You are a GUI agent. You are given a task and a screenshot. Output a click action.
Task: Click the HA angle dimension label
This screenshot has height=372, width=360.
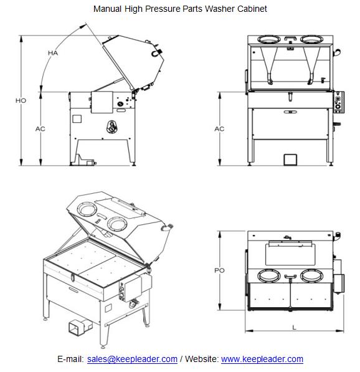tap(54, 54)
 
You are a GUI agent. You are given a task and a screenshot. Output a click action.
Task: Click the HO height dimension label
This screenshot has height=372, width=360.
tap(21, 100)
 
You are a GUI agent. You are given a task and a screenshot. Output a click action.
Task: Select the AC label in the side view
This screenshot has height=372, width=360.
tap(40, 128)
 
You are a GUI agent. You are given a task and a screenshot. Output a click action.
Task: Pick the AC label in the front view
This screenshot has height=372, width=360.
tap(219, 129)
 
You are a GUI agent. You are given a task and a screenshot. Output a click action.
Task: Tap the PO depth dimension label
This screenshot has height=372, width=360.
tap(219, 270)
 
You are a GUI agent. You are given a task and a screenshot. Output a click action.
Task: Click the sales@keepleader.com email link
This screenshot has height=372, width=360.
tap(132, 359)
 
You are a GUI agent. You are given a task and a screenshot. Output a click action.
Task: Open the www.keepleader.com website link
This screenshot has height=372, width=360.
tap(262, 359)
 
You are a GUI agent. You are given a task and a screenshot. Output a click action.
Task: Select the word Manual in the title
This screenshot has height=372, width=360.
tap(107, 9)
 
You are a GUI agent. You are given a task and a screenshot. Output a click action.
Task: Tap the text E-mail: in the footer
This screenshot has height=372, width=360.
tap(70, 359)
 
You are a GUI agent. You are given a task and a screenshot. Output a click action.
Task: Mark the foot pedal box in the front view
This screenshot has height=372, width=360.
tap(291, 159)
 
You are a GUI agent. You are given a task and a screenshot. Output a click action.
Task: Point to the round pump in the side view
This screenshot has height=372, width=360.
tap(112, 126)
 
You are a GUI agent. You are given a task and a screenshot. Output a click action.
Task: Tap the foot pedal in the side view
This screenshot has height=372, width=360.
tap(85, 163)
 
